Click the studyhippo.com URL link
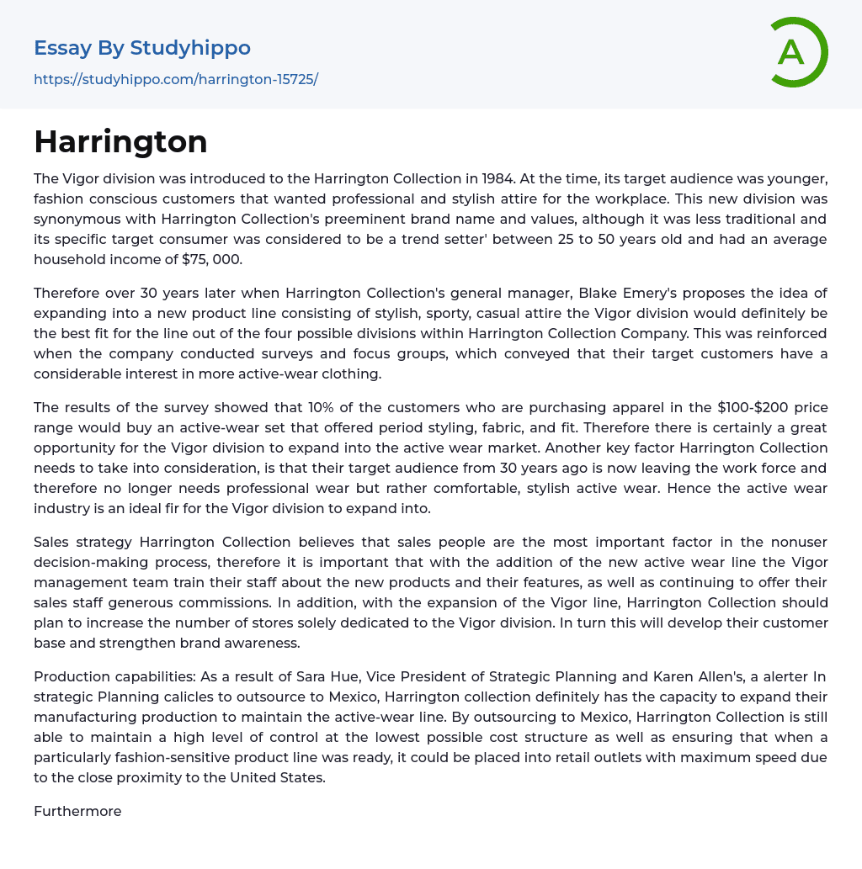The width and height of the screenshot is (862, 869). (x=176, y=80)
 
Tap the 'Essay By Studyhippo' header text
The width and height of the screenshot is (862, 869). (x=142, y=48)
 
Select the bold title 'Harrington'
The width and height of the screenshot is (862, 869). (x=120, y=141)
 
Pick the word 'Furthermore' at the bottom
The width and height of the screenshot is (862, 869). (x=77, y=811)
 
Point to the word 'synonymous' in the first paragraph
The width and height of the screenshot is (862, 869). (x=74, y=219)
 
